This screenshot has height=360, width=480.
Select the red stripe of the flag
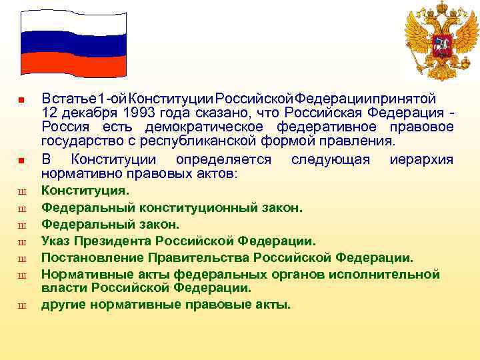tap(73, 63)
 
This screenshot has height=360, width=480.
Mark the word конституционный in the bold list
tap(196, 207)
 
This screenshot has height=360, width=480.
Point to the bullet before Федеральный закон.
tap(21, 225)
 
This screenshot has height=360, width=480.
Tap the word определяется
tap(223, 160)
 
